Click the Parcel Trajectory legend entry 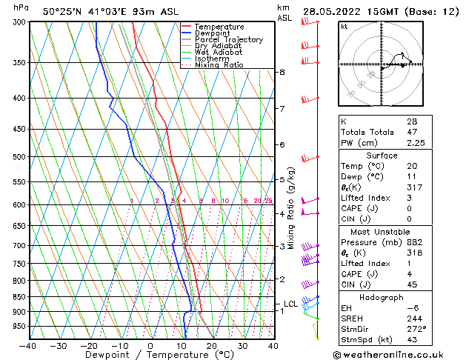point(227,40)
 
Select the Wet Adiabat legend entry point(219,53)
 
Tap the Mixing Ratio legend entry point(219,65)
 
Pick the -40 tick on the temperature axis point(28,346)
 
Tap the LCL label point(290,304)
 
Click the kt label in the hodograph point(344,26)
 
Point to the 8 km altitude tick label point(282,72)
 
